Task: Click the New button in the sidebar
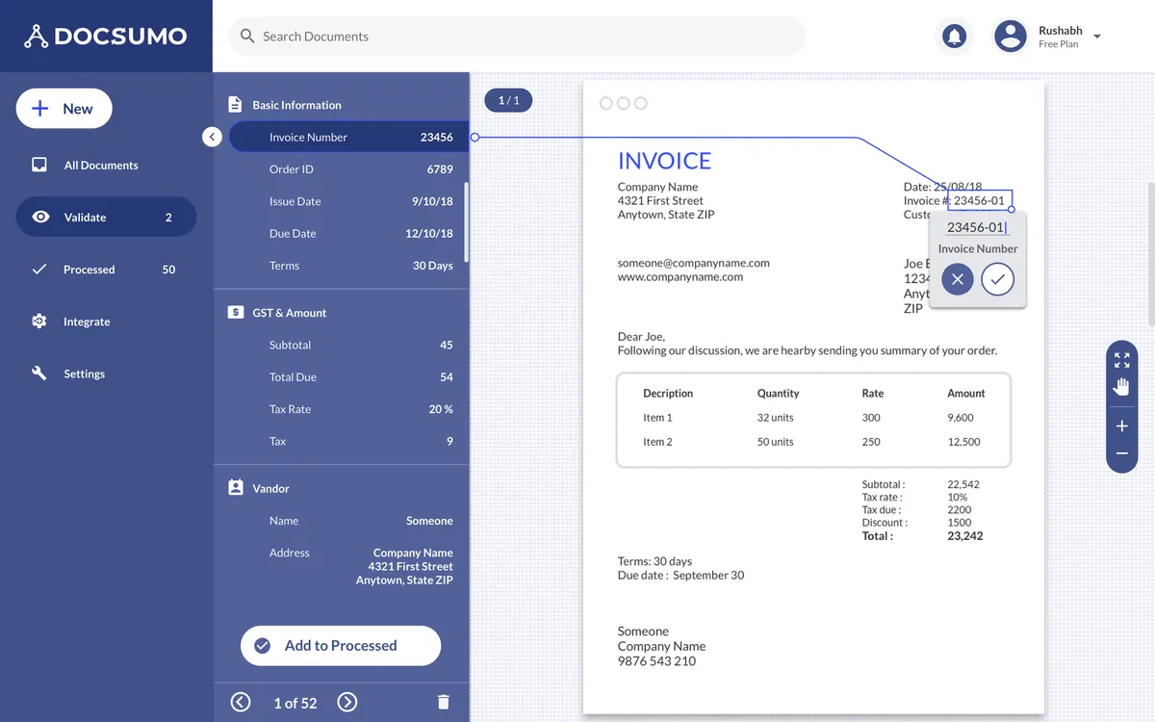tap(64, 109)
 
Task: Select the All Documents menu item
tap(100, 166)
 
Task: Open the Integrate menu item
tap(86, 322)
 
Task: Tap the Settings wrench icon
tap(39, 374)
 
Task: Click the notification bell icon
tap(954, 37)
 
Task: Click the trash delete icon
tap(443, 703)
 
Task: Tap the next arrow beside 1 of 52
tap(347, 703)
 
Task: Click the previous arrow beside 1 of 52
tap(241, 703)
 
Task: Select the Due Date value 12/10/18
tap(428, 234)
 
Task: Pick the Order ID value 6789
tap(440, 169)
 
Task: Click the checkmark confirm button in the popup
tap(998, 280)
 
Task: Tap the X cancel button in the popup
tap(957, 280)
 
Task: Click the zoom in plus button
tap(1121, 426)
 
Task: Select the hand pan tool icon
tap(1121, 387)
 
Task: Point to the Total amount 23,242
tap(964, 536)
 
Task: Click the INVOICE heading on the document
tap(664, 161)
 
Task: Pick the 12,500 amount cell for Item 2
tap(963, 442)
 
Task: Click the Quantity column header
tap(778, 394)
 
